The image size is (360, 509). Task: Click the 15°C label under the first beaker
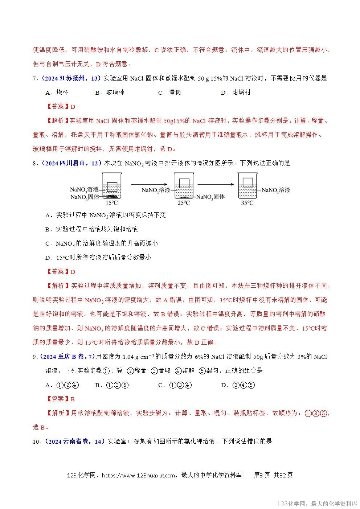(x=111, y=203)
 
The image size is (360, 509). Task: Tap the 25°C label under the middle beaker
(x=184, y=203)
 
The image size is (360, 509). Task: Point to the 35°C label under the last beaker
(x=247, y=203)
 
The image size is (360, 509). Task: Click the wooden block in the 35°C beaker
(x=248, y=181)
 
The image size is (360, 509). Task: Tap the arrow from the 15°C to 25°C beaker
(x=150, y=184)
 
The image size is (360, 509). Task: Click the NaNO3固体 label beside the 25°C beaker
(x=210, y=197)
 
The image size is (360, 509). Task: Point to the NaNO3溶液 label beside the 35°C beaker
(x=276, y=190)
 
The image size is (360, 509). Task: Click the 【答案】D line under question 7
(x=61, y=107)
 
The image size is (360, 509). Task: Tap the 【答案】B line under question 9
(x=61, y=399)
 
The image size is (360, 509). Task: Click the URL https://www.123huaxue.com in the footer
(x=138, y=475)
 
